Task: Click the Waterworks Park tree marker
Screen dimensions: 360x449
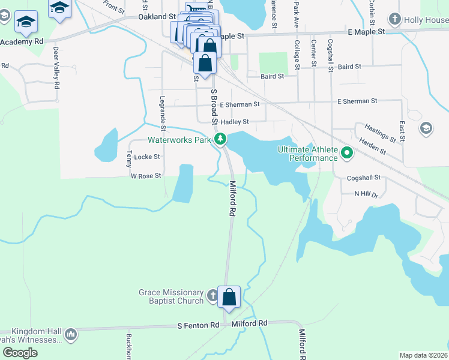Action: click(221, 140)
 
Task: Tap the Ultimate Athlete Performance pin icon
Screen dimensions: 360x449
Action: click(346, 154)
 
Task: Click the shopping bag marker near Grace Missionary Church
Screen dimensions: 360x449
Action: click(229, 297)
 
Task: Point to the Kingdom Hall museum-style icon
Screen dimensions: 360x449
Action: click(71, 334)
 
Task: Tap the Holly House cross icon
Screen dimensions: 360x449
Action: click(395, 19)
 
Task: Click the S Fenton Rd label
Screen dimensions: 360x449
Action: click(198, 325)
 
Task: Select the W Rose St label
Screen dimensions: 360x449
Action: click(146, 176)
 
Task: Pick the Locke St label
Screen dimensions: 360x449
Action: click(147, 157)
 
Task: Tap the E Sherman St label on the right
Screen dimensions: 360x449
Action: click(357, 101)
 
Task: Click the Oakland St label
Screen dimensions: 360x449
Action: click(157, 17)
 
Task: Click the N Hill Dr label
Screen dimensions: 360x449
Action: click(366, 194)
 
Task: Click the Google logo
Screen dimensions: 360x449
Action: click(20, 353)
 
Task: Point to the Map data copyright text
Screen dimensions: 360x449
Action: click(423, 355)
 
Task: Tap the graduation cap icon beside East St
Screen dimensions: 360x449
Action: click(426, 128)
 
